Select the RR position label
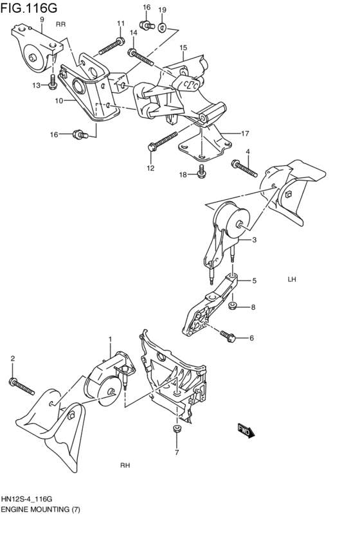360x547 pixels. click(x=61, y=24)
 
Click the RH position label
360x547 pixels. click(x=125, y=465)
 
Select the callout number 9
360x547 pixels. click(x=42, y=19)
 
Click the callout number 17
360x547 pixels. click(x=245, y=134)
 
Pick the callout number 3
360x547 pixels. click(x=254, y=240)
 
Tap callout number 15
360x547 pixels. click(x=183, y=48)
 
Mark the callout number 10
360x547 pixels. click(x=58, y=101)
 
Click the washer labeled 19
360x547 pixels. click(x=163, y=28)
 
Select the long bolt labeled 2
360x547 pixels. click(x=22, y=386)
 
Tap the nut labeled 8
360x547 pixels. click(x=235, y=305)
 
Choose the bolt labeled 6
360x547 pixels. click(x=228, y=336)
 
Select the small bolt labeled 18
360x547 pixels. click(x=201, y=172)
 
